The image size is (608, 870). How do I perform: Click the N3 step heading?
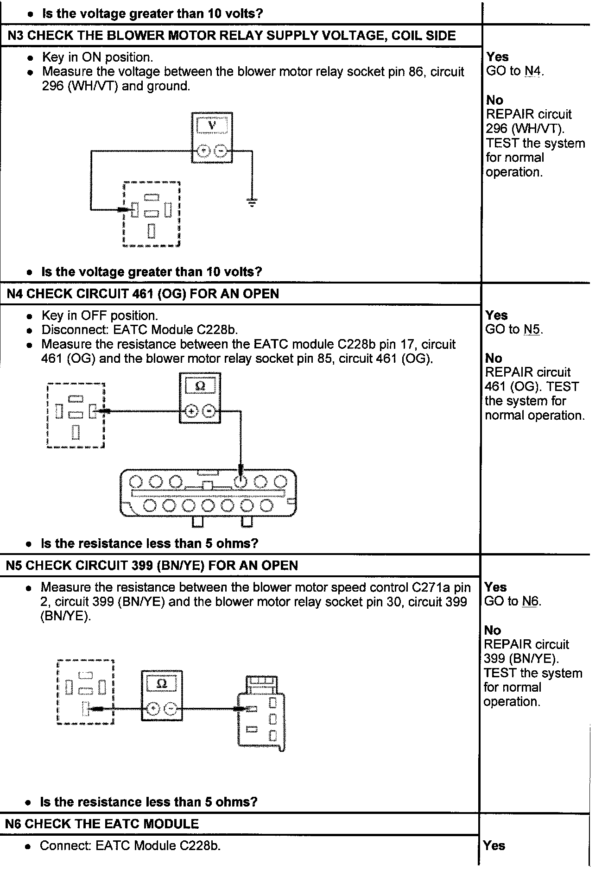[x=232, y=36]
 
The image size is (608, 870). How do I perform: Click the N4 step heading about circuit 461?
[x=143, y=294]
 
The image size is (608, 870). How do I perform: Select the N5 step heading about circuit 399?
[x=152, y=565]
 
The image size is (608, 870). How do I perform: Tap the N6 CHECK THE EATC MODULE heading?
[x=102, y=823]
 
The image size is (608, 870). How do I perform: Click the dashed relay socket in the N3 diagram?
[x=152, y=214]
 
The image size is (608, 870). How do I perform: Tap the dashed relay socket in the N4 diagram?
[x=76, y=415]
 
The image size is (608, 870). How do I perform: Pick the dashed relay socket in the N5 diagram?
[x=85, y=692]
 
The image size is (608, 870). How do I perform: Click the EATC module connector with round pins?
[x=208, y=493]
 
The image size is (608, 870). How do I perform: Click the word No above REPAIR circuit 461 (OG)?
[x=494, y=358]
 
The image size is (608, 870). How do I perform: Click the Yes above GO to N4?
[x=497, y=57]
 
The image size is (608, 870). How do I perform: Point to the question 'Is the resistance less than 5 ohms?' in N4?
[x=149, y=543]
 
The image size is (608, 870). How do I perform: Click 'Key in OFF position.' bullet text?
[x=100, y=315]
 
